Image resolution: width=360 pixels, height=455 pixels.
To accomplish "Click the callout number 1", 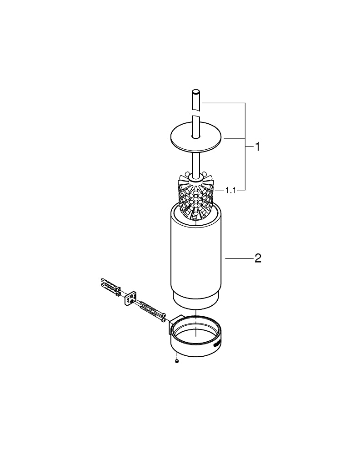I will click(x=257, y=147).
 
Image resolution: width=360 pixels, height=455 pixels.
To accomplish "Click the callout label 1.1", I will click(x=230, y=190).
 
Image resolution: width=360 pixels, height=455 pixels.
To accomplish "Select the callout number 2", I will click(x=258, y=259).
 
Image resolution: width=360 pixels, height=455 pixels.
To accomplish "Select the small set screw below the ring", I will click(x=176, y=361).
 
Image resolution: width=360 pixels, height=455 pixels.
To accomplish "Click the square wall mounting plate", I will click(x=131, y=298).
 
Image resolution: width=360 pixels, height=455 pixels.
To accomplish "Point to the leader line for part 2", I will click(x=239, y=259).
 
